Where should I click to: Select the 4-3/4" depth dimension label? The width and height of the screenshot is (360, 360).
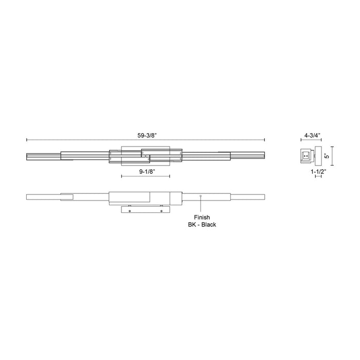click(x=312, y=135)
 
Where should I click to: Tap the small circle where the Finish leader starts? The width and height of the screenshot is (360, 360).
click(x=201, y=196)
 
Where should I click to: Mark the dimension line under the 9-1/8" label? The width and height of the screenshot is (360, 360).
click(x=146, y=177)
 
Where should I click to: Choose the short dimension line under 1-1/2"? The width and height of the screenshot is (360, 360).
click(x=318, y=176)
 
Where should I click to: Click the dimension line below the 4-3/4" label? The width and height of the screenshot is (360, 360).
click(x=311, y=141)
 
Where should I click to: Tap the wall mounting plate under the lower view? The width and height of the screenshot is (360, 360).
click(x=146, y=209)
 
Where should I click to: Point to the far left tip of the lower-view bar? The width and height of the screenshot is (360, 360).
click(x=27, y=196)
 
